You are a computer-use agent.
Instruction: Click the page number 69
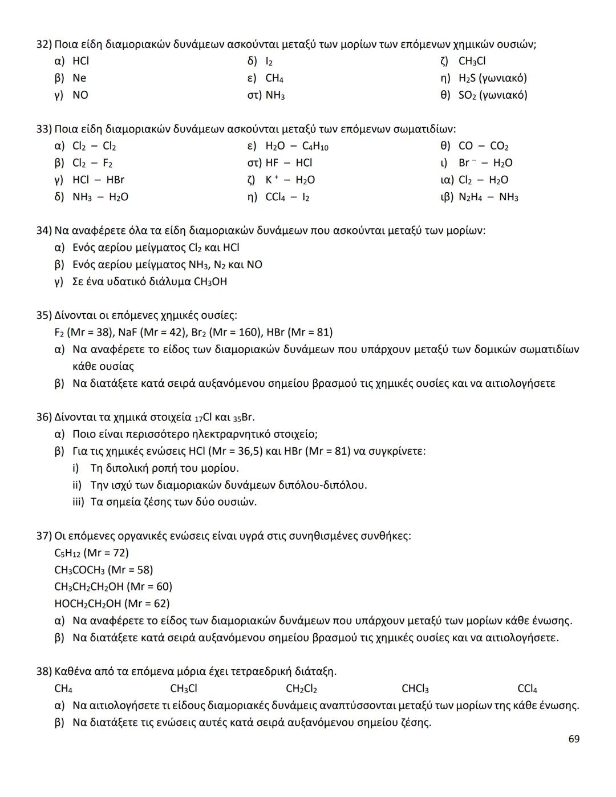[x=574, y=739]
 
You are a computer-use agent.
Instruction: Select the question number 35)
[x=44, y=315]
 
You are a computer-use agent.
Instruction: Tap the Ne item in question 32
[x=79, y=78]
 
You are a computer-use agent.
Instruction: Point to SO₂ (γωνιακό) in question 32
[x=493, y=95]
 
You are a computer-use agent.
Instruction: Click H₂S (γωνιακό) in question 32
[x=493, y=78]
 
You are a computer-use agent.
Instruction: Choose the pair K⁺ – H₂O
[x=290, y=180]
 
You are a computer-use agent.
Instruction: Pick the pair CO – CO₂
[x=483, y=146]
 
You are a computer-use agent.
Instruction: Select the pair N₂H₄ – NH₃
[x=488, y=197]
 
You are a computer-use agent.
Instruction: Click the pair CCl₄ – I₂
[x=287, y=197]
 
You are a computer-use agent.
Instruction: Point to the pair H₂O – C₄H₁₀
[x=297, y=146]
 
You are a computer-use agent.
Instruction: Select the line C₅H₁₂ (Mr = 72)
[x=91, y=553]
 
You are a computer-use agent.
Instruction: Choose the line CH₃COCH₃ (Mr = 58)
[x=103, y=570]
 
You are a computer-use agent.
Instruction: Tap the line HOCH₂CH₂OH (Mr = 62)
[x=112, y=604]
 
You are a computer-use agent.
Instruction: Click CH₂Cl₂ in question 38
[x=301, y=689]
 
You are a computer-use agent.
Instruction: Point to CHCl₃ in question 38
[x=415, y=689]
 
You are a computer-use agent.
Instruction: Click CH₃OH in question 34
[x=210, y=282]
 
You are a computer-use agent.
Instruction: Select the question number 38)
[x=44, y=671]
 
